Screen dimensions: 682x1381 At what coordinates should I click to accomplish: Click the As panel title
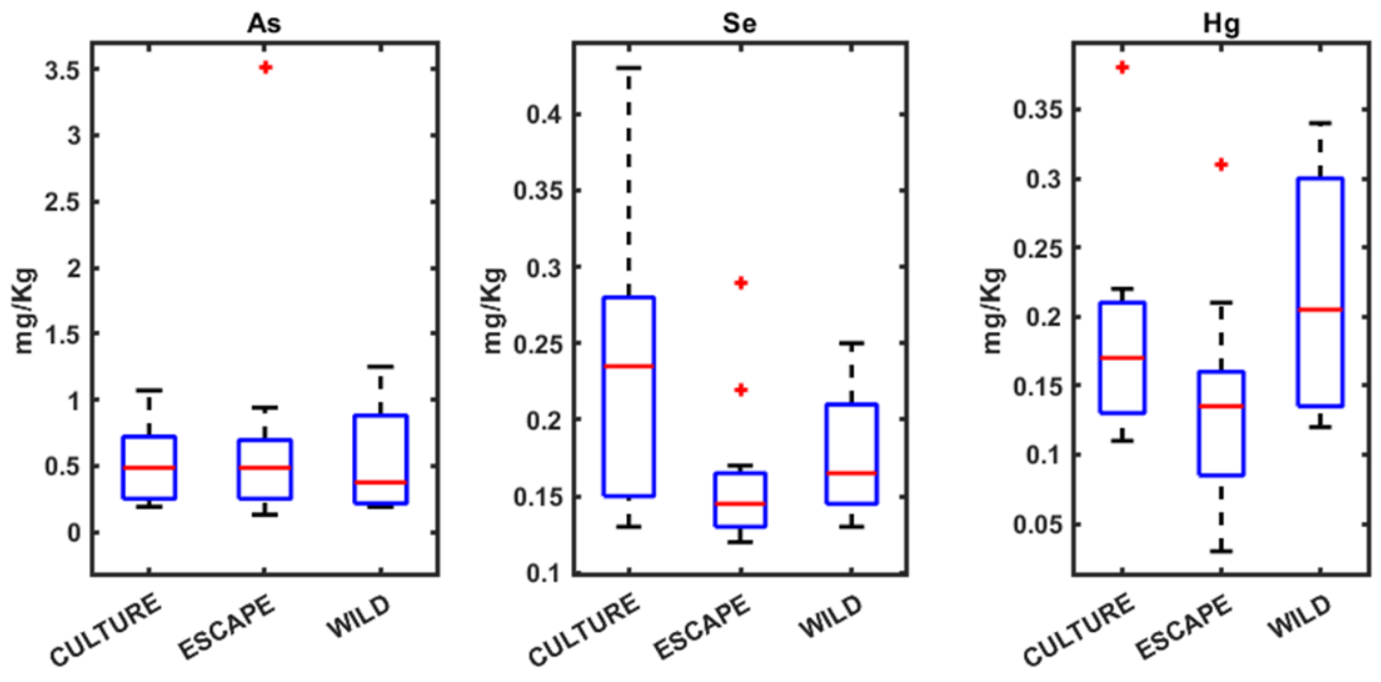[x=264, y=24]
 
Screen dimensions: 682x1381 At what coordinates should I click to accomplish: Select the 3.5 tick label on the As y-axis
[x=63, y=70]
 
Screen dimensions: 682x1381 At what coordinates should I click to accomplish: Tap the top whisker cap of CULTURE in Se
[x=629, y=68]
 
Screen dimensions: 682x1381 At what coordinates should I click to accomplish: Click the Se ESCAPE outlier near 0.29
[x=741, y=283]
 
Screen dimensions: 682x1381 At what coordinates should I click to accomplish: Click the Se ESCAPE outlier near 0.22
[x=741, y=390]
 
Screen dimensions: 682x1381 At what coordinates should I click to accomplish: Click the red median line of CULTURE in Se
[x=629, y=366]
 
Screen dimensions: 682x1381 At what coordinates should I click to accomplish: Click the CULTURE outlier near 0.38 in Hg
[x=1122, y=68]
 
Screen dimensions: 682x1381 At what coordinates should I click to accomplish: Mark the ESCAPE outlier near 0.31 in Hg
[x=1221, y=165]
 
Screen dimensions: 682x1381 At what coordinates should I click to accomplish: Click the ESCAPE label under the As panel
[x=227, y=628]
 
